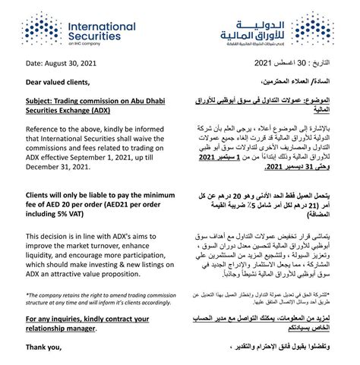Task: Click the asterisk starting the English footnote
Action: tap(27, 295)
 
